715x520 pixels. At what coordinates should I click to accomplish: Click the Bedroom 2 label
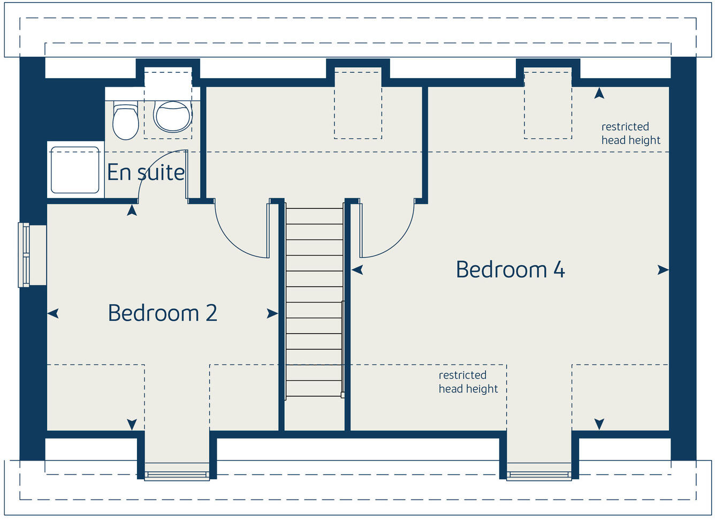(162, 313)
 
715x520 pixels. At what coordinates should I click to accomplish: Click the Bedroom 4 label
(510, 269)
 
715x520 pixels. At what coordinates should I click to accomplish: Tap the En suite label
(146, 172)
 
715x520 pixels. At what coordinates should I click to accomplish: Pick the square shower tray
(75, 170)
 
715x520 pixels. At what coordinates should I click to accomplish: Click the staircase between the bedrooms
(314, 300)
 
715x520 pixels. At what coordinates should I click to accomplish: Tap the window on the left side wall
(25, 255)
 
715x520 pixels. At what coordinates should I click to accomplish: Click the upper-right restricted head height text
(630, 133)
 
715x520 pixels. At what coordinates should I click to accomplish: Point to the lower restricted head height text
(468, 382)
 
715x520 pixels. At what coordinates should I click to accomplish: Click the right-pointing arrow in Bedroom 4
(663, 270)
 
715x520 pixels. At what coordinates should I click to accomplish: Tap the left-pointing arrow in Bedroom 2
(53, 314)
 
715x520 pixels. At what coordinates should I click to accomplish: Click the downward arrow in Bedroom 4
(599, 424)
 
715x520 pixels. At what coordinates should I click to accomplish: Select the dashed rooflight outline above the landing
(358, 103)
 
